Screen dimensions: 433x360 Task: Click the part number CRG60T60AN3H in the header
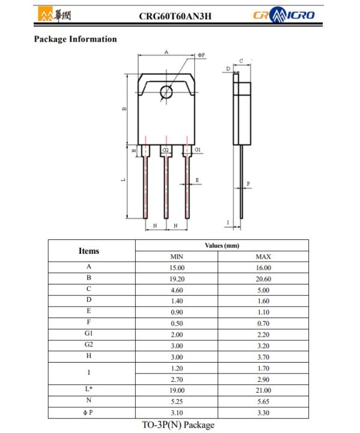coord(174,15)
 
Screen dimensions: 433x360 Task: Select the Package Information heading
coord(76,40)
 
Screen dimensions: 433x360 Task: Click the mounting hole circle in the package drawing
coord(166,91)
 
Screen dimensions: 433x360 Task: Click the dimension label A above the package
coord(166,52)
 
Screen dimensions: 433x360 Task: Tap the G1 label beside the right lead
coord(198,149)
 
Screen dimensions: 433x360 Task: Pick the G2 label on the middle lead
coord(166,150)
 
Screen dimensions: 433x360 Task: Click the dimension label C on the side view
coord(241,61)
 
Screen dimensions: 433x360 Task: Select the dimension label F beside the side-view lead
coord(248,183)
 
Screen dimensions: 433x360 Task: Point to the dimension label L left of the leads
coord(123,180)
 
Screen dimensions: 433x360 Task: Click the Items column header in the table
coord(89,251)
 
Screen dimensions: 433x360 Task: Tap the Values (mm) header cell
coord(222,245)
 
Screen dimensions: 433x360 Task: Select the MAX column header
coord(263,257)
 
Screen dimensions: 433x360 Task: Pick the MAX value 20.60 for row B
coord(263,279)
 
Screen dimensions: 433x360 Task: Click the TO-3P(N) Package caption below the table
coord(178,425)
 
